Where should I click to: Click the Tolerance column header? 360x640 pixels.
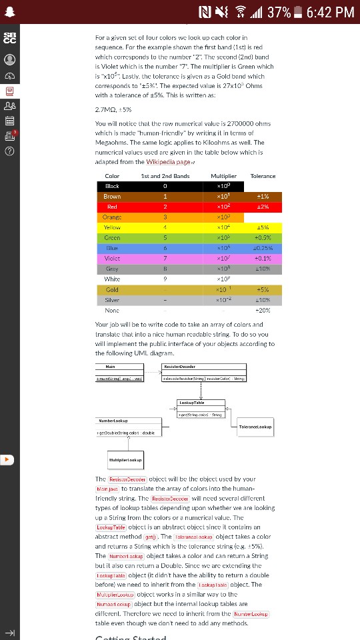pos(262,176)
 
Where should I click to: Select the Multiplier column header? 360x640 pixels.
pos(223,176)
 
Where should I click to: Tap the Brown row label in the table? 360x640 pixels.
pos(112,197)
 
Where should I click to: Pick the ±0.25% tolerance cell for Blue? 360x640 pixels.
pos(262,248)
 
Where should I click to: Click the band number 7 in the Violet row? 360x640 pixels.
pos(165,259)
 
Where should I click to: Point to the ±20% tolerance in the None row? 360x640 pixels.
pos(262,311)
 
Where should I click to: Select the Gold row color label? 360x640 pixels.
pos(112,290)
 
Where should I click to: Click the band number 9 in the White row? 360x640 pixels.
pos(165,279)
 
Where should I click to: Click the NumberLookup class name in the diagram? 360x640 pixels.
pos(114,421)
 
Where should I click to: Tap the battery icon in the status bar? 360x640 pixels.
pos(297,12)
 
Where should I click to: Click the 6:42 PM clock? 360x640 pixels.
pos(330,12)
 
